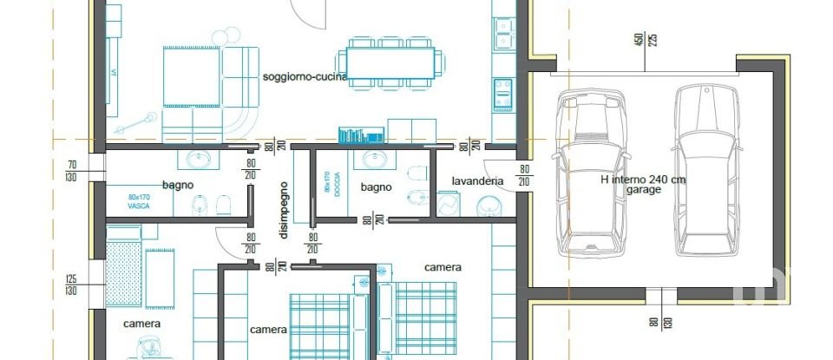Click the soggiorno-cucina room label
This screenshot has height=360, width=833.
tap(305, 76)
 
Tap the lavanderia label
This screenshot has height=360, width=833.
tap(477, 181)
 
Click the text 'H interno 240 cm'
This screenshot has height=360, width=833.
tap(643, 180)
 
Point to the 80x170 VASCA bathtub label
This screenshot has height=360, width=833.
tap(138, 201)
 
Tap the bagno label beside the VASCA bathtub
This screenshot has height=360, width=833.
tap(177, 185)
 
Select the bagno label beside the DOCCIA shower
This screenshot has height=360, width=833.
tap(377, 187)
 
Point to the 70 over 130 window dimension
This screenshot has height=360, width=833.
tap(72, 170)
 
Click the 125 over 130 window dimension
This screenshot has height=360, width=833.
tap(72, 285)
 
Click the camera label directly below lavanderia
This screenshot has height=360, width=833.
tap(443, 267)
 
